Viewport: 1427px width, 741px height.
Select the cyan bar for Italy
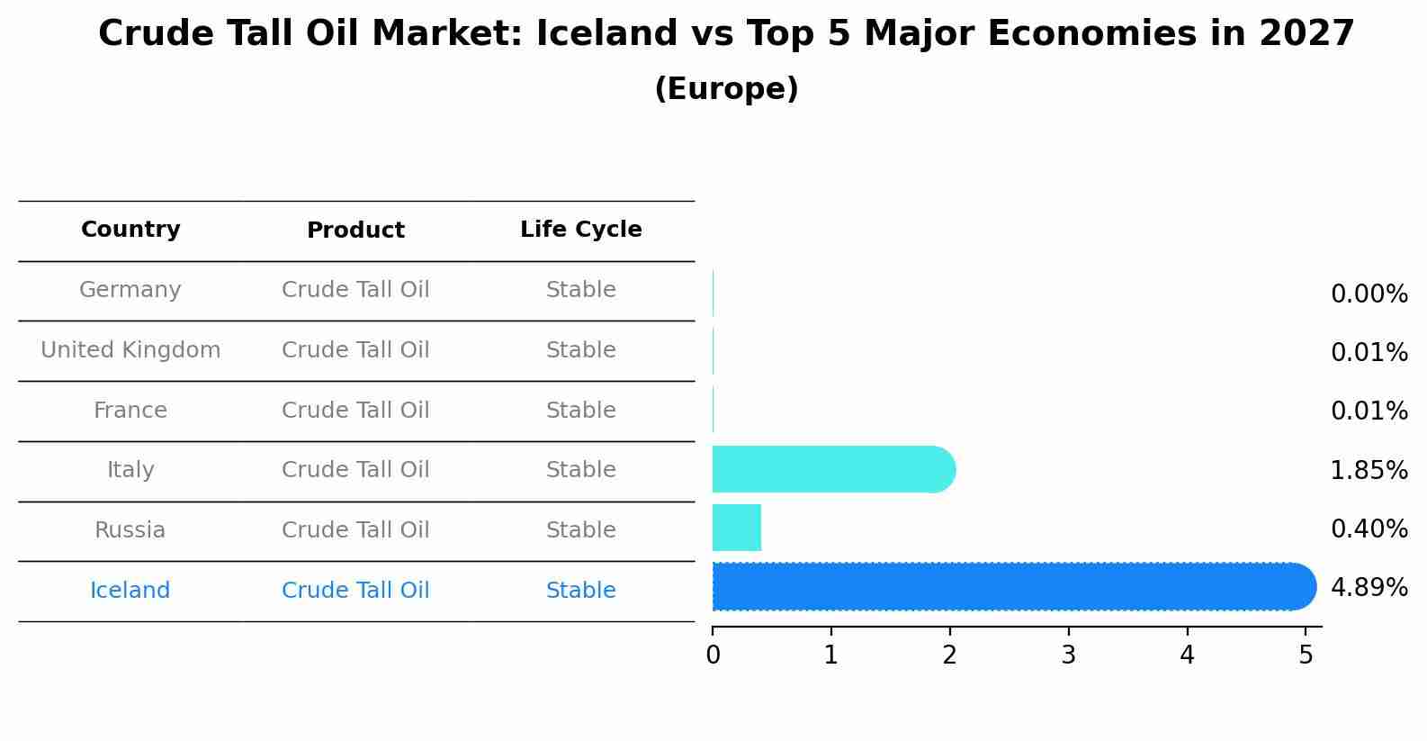[832, 469]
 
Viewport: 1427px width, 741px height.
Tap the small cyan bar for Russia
[736, 528]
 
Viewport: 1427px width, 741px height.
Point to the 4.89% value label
[1369, 588]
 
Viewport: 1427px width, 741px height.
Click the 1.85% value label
[1369, 470]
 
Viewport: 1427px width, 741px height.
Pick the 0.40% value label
[1369, 529]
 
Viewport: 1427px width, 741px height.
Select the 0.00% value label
[1369, 294]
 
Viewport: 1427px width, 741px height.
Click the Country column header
[130, 230]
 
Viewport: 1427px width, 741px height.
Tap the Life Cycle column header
[580, 230]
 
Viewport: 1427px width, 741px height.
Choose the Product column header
[355, 230]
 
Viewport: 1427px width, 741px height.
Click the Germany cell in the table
[130, 290]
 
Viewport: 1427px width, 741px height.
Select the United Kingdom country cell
[130, 350]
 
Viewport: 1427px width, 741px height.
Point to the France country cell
[130, 411]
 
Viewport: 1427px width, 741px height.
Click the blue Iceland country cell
[130, 591]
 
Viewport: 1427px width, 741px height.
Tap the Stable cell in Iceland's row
[580, 591]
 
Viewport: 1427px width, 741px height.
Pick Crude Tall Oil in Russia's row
[355, 530]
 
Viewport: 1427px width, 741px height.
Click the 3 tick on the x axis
[1068, 655]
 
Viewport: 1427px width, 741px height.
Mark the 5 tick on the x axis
[1306, 655]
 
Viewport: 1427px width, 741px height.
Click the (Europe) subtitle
[726, 89]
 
